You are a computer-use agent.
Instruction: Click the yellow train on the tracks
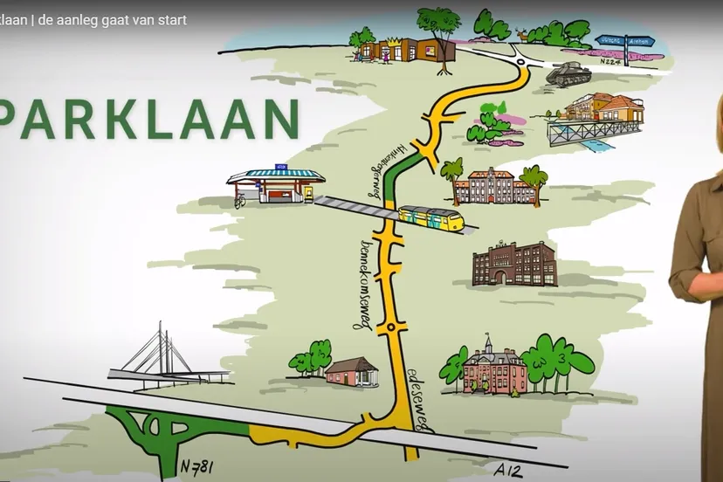click(430, 217)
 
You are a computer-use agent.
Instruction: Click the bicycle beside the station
click(239, 201)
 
